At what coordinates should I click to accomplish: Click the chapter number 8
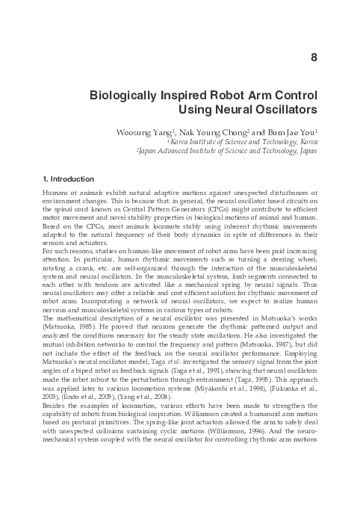point(313,57)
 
